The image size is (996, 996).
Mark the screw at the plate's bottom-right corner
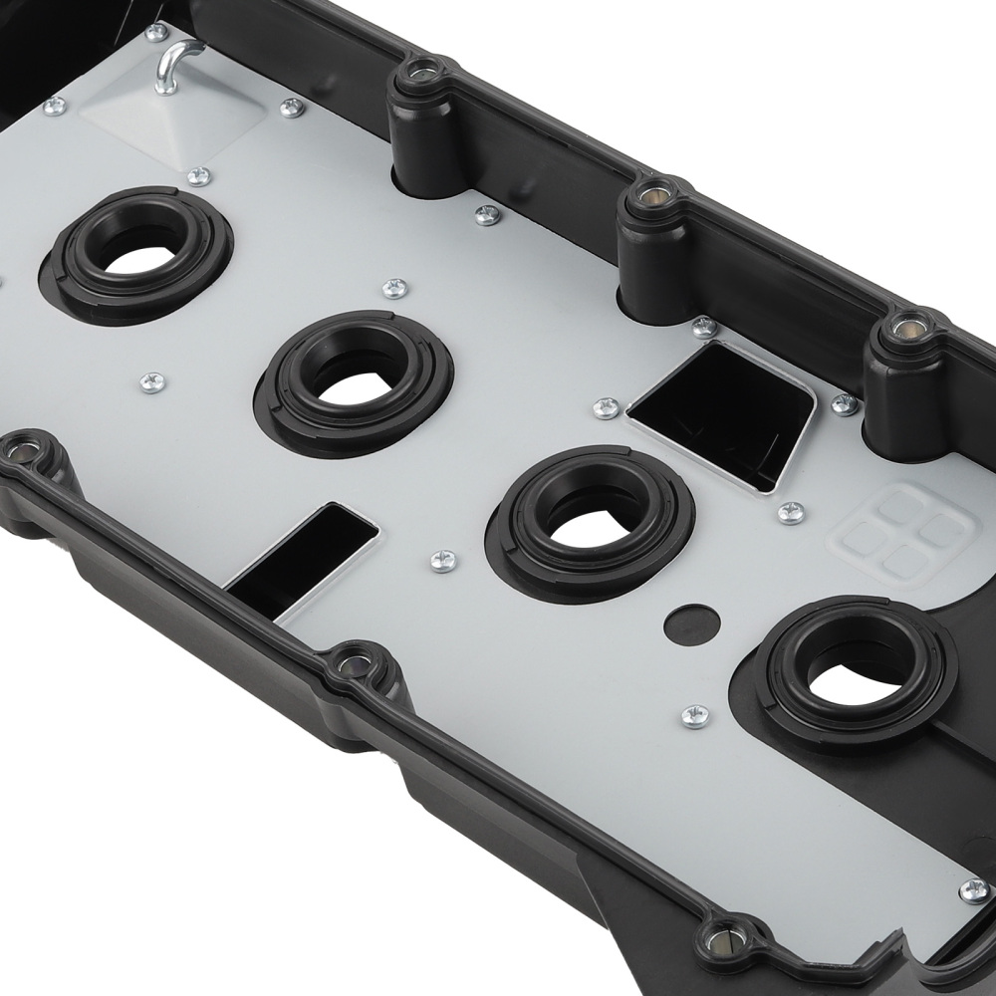[x=972, y=889]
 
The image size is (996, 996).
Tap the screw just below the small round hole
[x=695, y=715]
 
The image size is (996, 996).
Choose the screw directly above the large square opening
[x=703, y=327]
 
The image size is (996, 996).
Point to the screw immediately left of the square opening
[x=605, y=407]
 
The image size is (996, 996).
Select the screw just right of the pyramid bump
[x=291, y=108]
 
